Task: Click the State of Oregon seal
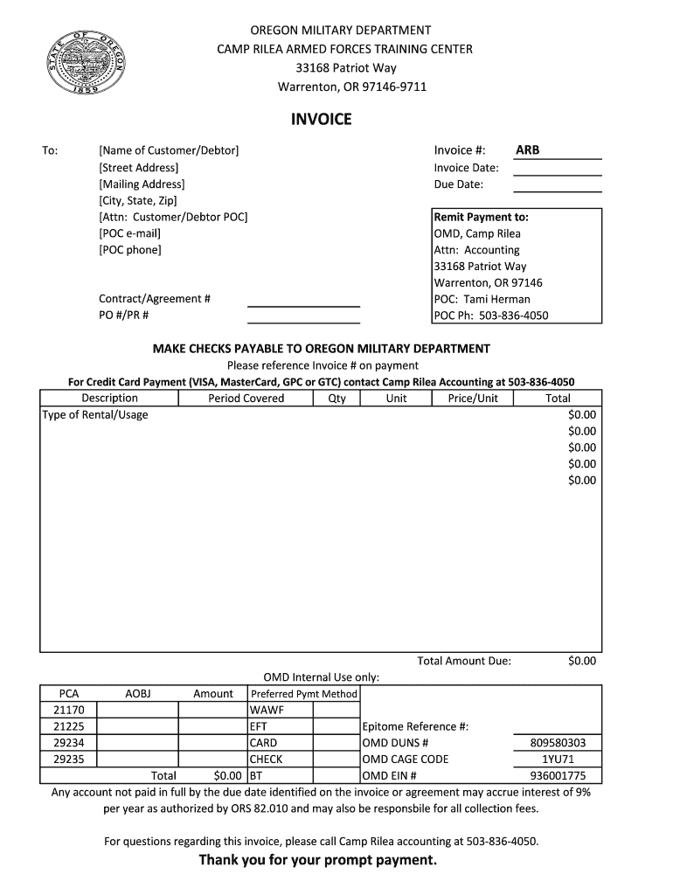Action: (87, 66)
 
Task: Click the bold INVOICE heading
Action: (322, 119)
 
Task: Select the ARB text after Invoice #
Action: (528, 150)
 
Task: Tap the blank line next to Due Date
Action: (558, 185)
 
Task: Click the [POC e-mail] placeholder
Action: (130, 233)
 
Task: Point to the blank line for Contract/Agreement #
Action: (303, 300)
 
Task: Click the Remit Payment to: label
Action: (482, 217)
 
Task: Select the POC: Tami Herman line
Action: (482, 299)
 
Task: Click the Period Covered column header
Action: (246, 399)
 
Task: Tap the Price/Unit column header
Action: (473, 399)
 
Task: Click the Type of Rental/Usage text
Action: (95, 415)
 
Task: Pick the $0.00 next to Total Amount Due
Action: (581, 662)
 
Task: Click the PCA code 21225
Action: (69, 726)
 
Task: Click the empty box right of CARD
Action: (336, 743)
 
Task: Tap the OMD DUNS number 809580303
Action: (558, 743)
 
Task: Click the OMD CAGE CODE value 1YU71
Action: (558, 760)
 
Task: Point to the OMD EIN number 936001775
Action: (558, 775)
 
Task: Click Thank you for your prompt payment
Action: (317, 861)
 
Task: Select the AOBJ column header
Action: (138, 694)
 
